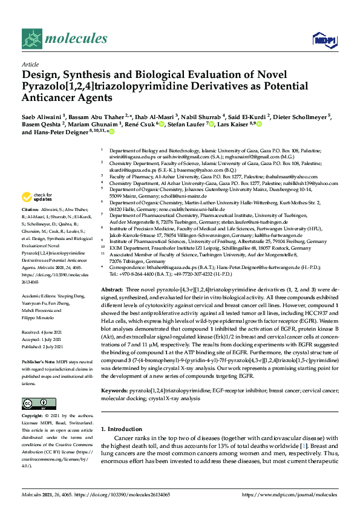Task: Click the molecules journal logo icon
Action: [x=31, y=40]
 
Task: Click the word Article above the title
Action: [x=30, y=64]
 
